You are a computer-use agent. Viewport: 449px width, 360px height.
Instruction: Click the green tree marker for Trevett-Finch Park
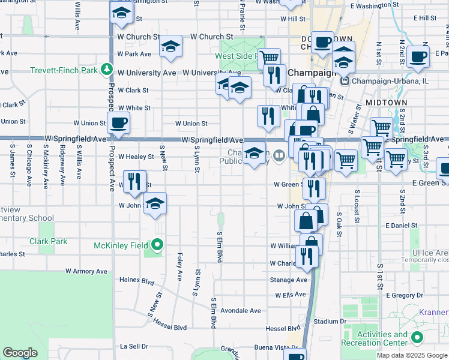click(x=107, y=70)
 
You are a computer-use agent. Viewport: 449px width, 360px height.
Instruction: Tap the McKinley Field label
click(x=122, y=245)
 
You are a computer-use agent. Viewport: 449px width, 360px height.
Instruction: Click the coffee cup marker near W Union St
click(x=118, y=124)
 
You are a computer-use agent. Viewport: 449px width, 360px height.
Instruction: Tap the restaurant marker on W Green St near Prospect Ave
click(x=134, y=181)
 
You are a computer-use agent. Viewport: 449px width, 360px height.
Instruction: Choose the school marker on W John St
click(x=155, y=204)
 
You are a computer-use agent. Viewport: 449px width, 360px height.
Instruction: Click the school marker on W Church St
click(x=170, y=46)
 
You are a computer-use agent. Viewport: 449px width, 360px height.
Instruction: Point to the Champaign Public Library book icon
click(x=279, y=157)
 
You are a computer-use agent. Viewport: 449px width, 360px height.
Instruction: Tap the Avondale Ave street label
click(x=241, y=311)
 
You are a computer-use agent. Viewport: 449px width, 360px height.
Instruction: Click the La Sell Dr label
click(x=134, y=346)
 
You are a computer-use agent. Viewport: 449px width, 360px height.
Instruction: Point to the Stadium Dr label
click(x=330, y=322)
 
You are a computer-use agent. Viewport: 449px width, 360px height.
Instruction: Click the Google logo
click(x=21, y=353)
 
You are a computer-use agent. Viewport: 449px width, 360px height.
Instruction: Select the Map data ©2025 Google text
click(x=412, y=355)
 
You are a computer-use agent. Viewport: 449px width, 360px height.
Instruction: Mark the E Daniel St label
click(x=402, y=226)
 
